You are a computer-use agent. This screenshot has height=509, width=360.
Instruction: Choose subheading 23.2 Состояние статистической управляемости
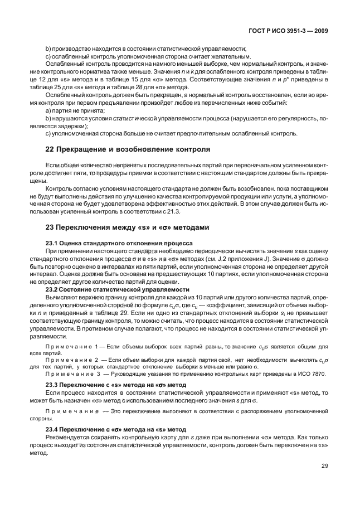point(119,289)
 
